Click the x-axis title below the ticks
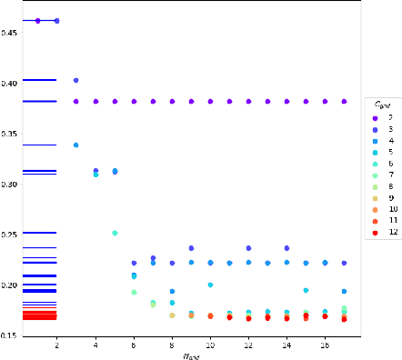tap(191, 355)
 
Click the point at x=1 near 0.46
tap(38, 20)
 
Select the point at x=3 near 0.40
tap(75, 81)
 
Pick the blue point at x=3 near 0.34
tap(75, 145)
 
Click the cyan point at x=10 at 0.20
tap(210, 285)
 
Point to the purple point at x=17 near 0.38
tap(344, 102)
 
